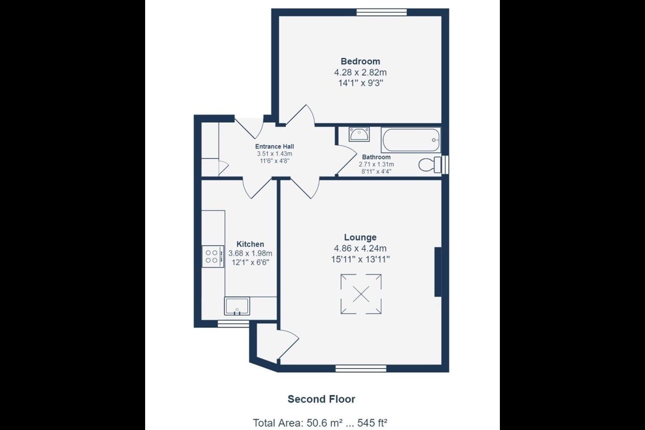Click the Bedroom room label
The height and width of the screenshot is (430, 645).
[360, 61]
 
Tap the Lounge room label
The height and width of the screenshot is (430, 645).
[360, 237]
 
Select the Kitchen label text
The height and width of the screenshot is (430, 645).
[250, 244]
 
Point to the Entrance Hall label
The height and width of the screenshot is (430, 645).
[275, 146]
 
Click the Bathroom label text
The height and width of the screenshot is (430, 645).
[376, 157]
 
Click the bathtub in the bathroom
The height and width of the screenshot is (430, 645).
[411, 140]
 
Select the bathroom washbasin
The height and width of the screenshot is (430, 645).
[359, 134]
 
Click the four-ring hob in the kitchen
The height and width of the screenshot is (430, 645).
[213, 257]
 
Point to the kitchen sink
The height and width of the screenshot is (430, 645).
[237, 306]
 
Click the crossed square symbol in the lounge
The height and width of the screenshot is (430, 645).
[361, 294]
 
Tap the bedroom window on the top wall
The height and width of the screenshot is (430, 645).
[382, 12]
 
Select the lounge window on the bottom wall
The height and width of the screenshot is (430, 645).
[361, 368]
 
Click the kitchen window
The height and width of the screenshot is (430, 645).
[233, 324]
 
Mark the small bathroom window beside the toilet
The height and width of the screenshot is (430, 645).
[445, 165]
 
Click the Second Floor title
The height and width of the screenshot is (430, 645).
[321, 399]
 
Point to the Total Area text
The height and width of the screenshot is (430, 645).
[320, 423]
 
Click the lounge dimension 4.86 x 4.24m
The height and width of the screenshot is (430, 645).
[360, 248]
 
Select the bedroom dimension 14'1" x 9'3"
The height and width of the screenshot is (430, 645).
[361, 83]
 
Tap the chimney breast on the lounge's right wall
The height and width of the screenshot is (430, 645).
[438, 272]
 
